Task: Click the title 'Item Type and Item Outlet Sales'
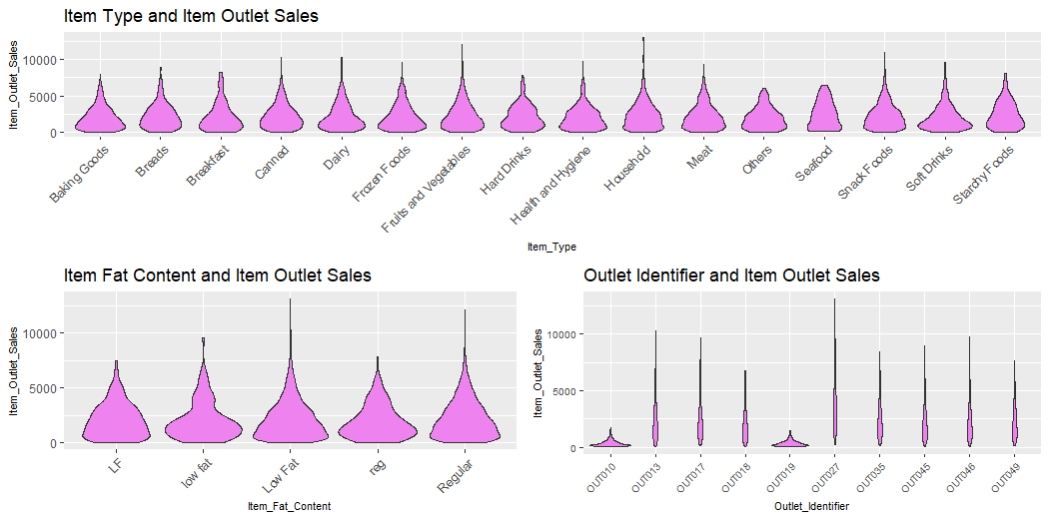(191, 16)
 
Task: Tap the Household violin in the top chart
(643, 110)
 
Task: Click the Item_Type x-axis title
(551, 247)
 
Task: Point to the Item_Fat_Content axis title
(289, 507)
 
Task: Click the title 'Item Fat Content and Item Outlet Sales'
(217, 275)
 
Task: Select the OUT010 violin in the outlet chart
(609, 443)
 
